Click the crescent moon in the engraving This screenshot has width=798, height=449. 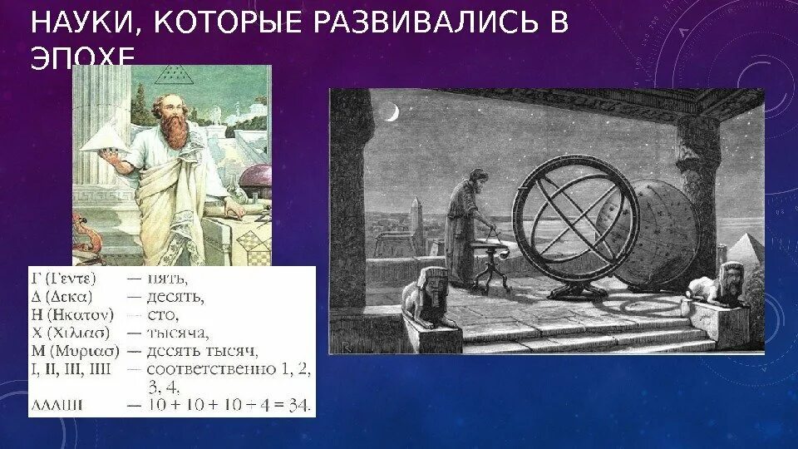point(391,112)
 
